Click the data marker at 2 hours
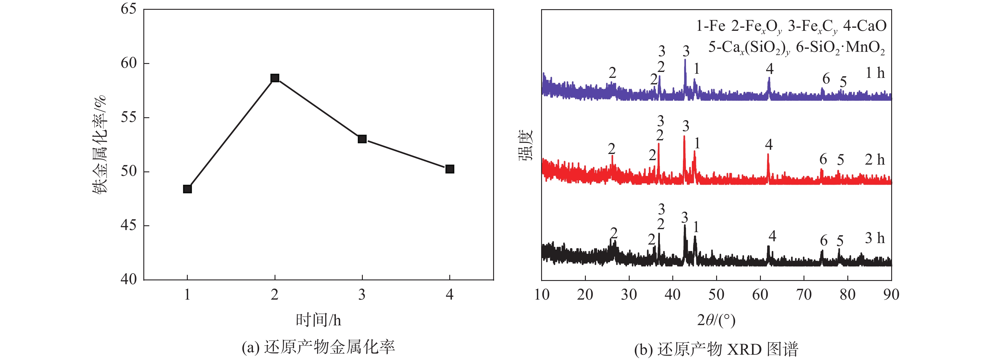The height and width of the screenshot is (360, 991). pos(275,78)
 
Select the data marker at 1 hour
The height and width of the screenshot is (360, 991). pos(187,189)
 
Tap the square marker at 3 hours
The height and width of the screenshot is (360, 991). pos(362,139)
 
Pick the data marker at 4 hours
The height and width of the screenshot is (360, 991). pos(450,169)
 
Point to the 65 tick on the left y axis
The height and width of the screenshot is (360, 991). pos(129,9)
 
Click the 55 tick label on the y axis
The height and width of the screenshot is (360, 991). pos(129,117)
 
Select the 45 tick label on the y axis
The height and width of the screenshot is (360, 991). pos(129,225)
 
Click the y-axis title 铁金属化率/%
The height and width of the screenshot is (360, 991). pos(100,144)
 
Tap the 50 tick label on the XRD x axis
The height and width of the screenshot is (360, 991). pos(716,295)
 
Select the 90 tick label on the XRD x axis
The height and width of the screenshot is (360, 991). pos(891,295)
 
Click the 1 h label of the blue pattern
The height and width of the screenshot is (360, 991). pos(875,73)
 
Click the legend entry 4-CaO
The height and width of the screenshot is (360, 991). pos(865,26)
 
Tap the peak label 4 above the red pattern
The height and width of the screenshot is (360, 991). pos(769,144)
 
